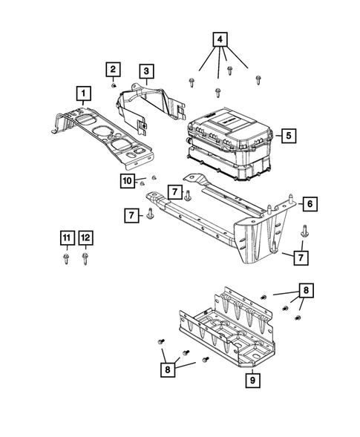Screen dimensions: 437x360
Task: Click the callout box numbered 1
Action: click(85, 93)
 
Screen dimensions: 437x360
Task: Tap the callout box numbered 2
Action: click(113, 70)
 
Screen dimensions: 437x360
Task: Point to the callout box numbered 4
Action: click(220, 40)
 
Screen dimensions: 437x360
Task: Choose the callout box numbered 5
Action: click(287, 136)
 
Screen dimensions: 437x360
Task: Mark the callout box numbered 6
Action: click(309, 202)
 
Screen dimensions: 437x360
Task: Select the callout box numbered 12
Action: click(86, 237)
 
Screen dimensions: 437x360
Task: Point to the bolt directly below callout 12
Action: click(86, 260)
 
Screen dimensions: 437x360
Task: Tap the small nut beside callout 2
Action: click(114, 86)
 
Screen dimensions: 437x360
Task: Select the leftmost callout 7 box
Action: click(131, 215)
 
